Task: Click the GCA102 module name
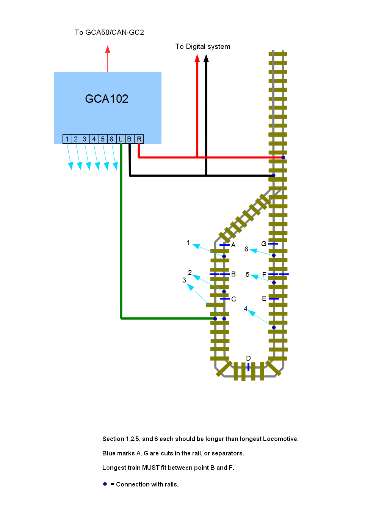point(107,99)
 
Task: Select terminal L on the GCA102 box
point(121,139)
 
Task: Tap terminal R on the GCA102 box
point(139,139)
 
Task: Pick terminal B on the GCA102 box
point(130,139)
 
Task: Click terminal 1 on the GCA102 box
point(67,139)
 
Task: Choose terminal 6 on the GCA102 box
point(111,139)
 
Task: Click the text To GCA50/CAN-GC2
point(109,33)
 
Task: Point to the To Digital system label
point(203,47)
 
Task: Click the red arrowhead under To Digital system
point(197,58)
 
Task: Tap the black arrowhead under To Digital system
point(206,58)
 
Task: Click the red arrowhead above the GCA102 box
point(108,49)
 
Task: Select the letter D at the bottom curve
point(248,358)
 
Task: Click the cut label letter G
point(264,244)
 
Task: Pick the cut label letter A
point(233,245)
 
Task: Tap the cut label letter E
point(264,298)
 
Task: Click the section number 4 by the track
point(246,309)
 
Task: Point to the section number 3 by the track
point(184,280)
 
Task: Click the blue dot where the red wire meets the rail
point(283,157)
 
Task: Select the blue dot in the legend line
point(105,484)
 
